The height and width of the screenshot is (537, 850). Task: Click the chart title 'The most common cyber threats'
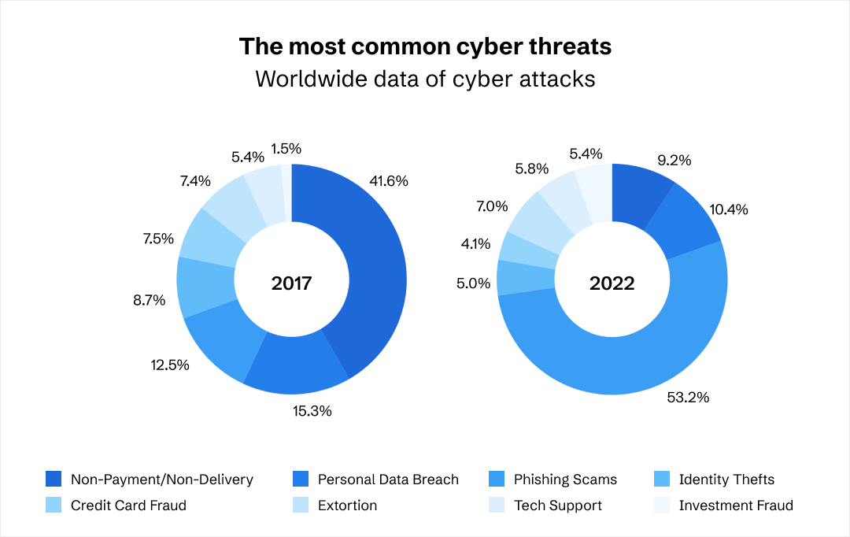click(x=425, y=46)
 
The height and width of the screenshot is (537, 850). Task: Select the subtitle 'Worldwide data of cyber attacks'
click(x=425, y=80)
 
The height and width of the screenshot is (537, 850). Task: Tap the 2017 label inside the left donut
click(x=291, y=283)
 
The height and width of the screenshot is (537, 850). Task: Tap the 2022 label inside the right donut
click(x=612, y=283)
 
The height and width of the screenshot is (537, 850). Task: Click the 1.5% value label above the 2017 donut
click(x=286, y=148)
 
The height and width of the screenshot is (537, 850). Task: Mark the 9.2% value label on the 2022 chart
click(x=674, y=161)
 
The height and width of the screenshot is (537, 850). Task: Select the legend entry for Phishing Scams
click(x=565, y=480)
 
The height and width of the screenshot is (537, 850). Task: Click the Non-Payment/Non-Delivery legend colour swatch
click(x=54, y=480)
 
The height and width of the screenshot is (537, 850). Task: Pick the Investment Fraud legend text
click(x=736, y=506)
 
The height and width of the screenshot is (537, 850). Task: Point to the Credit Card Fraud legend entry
click(x=128, y=506)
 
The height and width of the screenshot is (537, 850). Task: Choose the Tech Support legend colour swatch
click(x=497, y=506)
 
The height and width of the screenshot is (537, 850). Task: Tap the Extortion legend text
click(x=347, y=506)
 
